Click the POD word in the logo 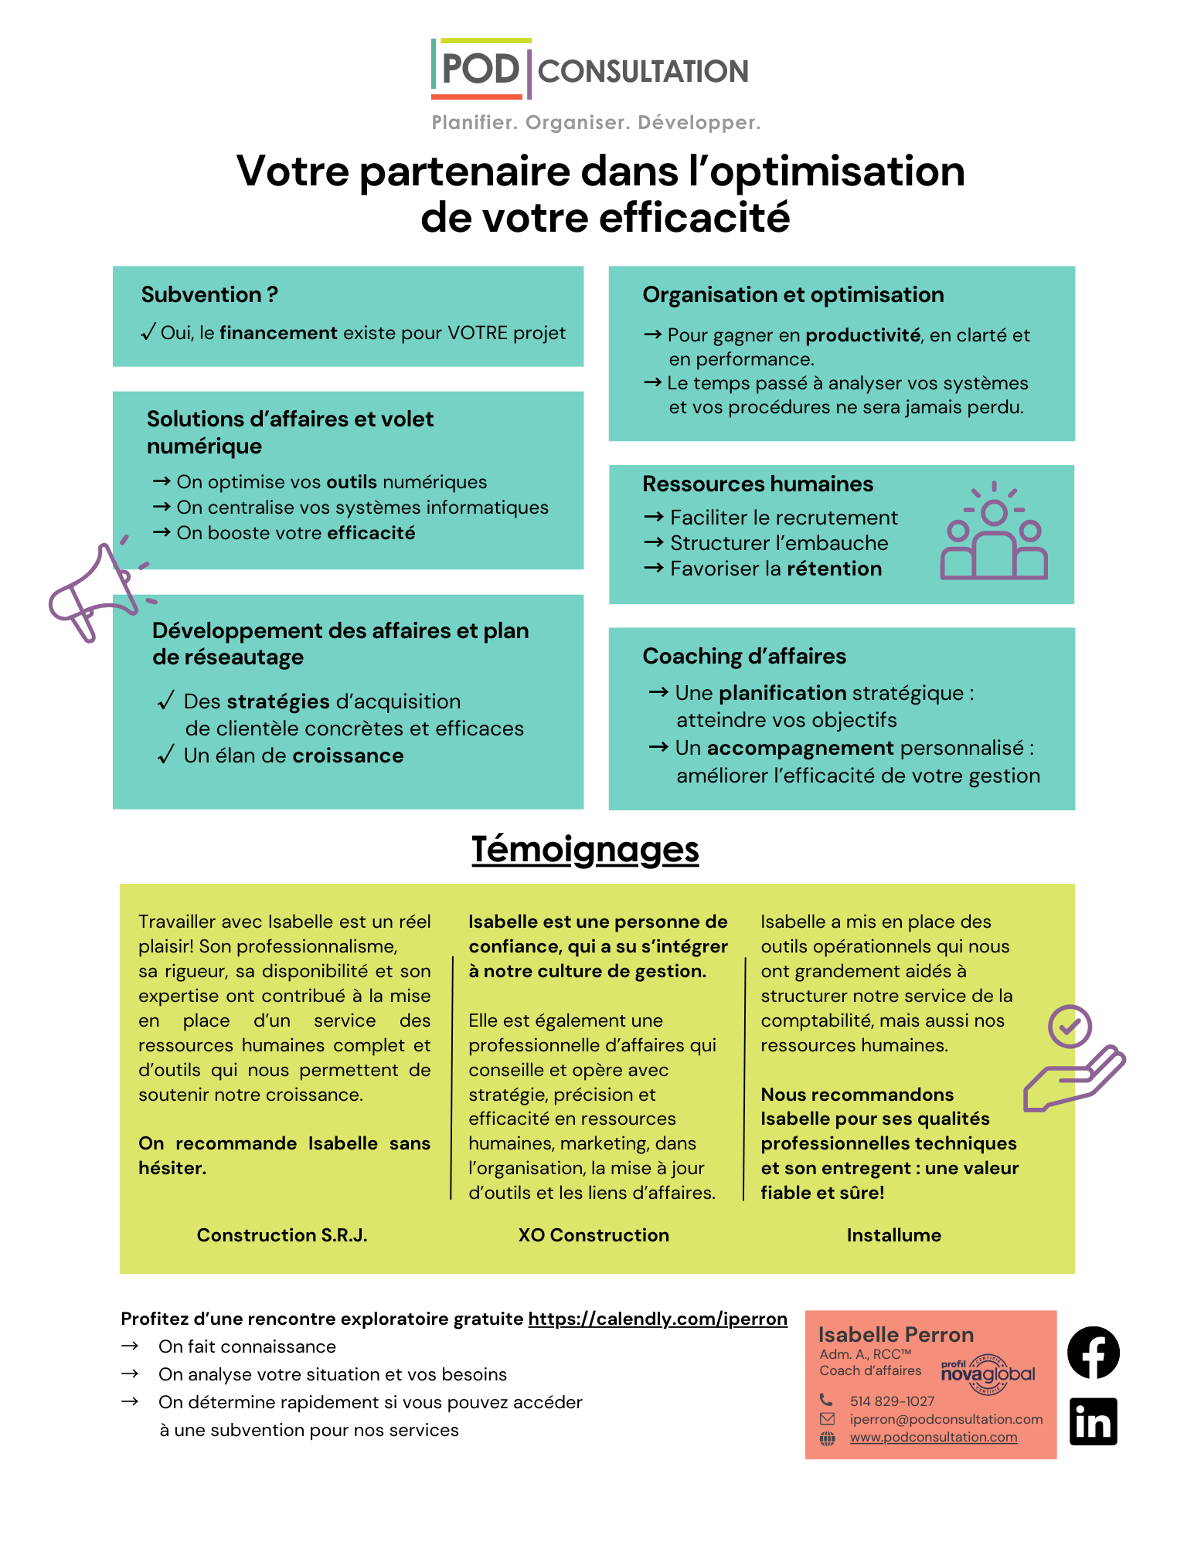click(x=480, y=70)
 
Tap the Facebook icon click(x=1093, y=1352)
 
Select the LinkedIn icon click(x=1093, y=1421)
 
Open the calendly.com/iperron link click(x=658, y=1319)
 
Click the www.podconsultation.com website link click(x=934, y=1437)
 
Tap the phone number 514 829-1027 click(x=892, y=1401)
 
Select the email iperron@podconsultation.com click(x=946, y=1419)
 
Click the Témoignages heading click(x=585, y=850)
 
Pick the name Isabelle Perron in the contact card click(x=896, y=1335)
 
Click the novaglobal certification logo click(x=988, y=1374)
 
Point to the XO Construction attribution click(x=594, y=1235)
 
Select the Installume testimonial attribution click(x=893, y=1235)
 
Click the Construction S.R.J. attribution click(x=282, y=1235)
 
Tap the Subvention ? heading click(x=209, y=295)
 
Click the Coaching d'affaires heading click(x=744, y=657)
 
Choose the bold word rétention click(x=834, y=569)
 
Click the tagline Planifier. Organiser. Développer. click(x=596, y=123)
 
